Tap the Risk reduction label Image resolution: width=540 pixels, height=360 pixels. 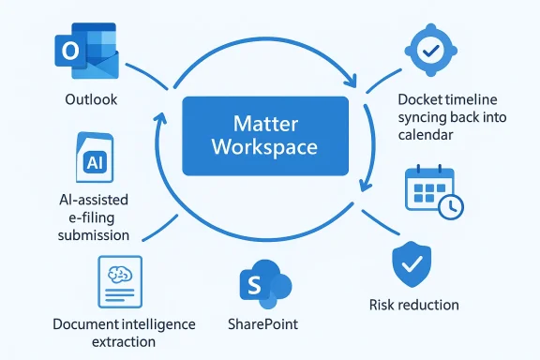413,305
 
